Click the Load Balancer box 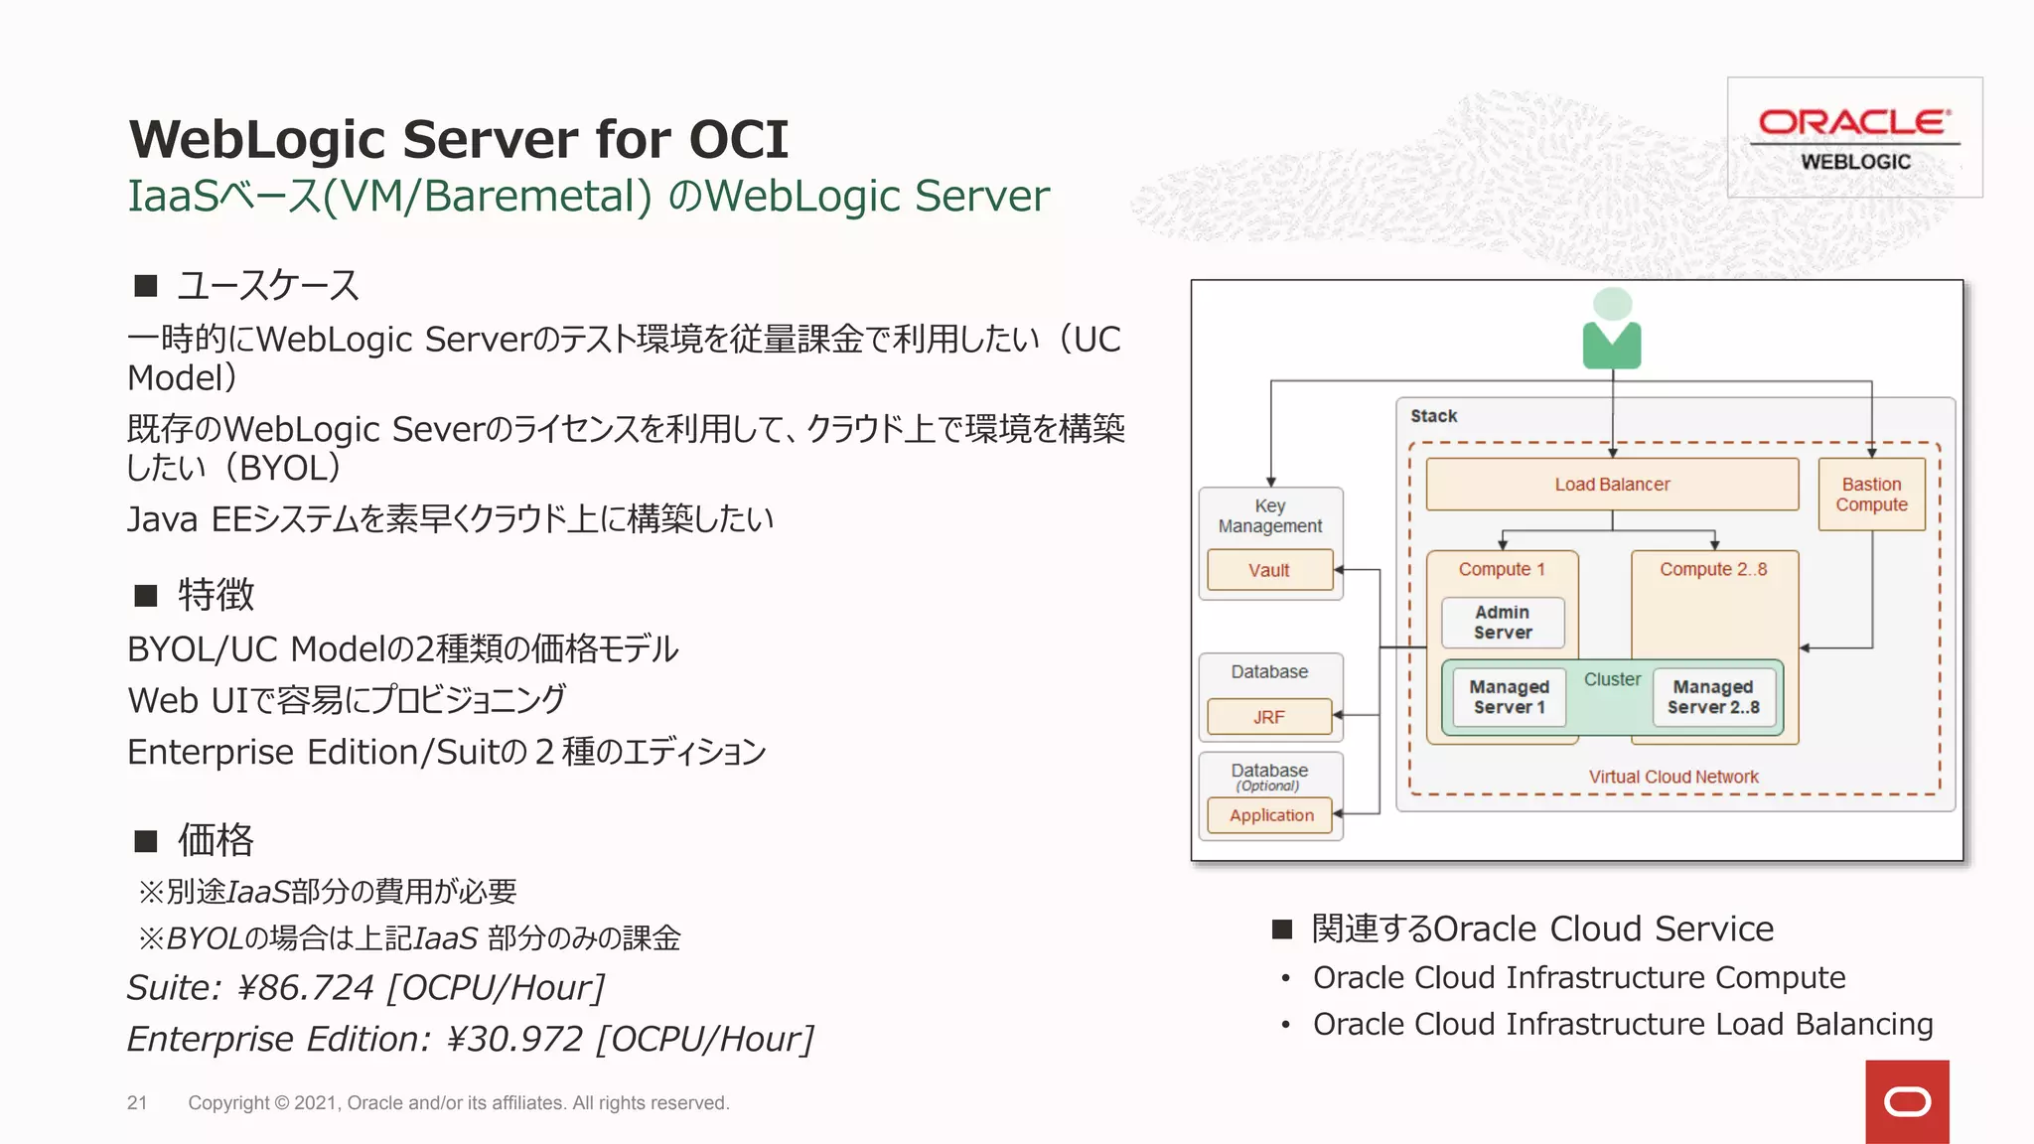(1611, 485)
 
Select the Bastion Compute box (1871, 495)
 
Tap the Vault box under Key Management (1269, 570)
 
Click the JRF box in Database (1268, 717)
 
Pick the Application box (1270, 815)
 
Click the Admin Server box (1502, 623)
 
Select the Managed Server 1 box (1508, 697)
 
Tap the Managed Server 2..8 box (1712, 697)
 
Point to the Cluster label (1611, 679)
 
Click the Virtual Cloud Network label (1672, 777)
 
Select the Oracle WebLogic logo (1854, 138)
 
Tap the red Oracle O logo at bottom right (1907, 1101)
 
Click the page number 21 (137, 1102)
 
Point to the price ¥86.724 (305, 988)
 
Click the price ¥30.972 (514, 1039)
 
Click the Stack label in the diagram (1433, 416)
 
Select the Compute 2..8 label (1712, 569)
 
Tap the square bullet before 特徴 (146, 596)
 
